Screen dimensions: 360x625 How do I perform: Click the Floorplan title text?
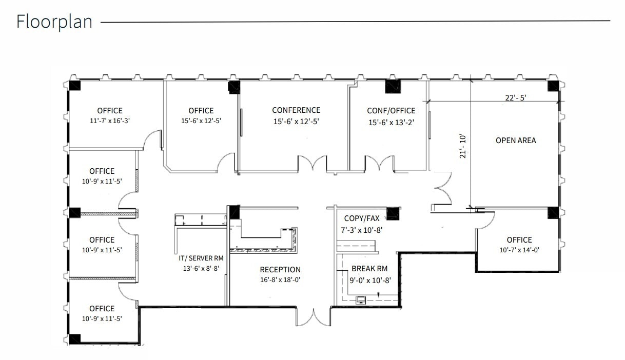pos(54,22)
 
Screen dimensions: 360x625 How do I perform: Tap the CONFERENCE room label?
pos(296,110)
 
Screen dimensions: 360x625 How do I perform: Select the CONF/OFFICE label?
pos(391,111)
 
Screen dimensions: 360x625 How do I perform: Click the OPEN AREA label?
pos(516,140)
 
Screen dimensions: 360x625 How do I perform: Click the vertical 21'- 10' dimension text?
pos(463,146)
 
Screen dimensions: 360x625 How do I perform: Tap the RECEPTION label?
pos(280,270)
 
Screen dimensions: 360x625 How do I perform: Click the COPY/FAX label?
pos(362,218)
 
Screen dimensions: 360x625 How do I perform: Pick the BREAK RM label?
pos(369,269)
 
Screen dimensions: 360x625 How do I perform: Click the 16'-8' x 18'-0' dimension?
pos(280,280)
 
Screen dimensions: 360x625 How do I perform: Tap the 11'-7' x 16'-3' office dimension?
pos(110,122)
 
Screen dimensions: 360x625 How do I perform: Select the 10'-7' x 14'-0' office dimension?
pos(519,250)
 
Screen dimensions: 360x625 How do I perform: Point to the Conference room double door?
pos(313,165)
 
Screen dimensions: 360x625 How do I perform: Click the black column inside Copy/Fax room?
pos(393,213)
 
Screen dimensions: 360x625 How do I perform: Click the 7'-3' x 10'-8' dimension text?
pos(362,230)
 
